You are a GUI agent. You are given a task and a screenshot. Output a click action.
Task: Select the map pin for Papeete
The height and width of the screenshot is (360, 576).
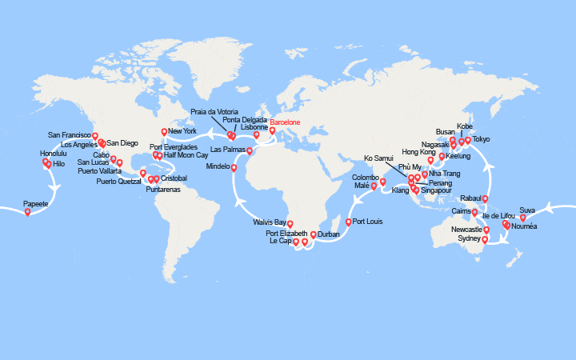coord(27,212)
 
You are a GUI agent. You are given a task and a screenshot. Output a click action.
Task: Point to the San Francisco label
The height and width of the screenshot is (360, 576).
coord(70,135)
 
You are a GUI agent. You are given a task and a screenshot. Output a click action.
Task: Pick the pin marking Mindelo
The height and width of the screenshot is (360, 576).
coord(234,167)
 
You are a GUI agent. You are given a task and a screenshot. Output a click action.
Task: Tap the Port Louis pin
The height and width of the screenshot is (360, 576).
coord(348,222)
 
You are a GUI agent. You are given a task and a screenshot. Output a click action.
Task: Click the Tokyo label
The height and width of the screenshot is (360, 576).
coord(482,139)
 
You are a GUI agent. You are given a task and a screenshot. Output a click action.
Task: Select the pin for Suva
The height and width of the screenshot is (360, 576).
coord(522,217)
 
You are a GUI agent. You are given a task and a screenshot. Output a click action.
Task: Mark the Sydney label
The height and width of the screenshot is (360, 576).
coord(469,238)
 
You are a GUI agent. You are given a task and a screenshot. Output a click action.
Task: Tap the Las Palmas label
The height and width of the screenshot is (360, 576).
coord(226,150)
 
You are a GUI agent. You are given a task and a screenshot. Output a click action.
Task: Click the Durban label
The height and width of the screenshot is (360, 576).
coord(329,234)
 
